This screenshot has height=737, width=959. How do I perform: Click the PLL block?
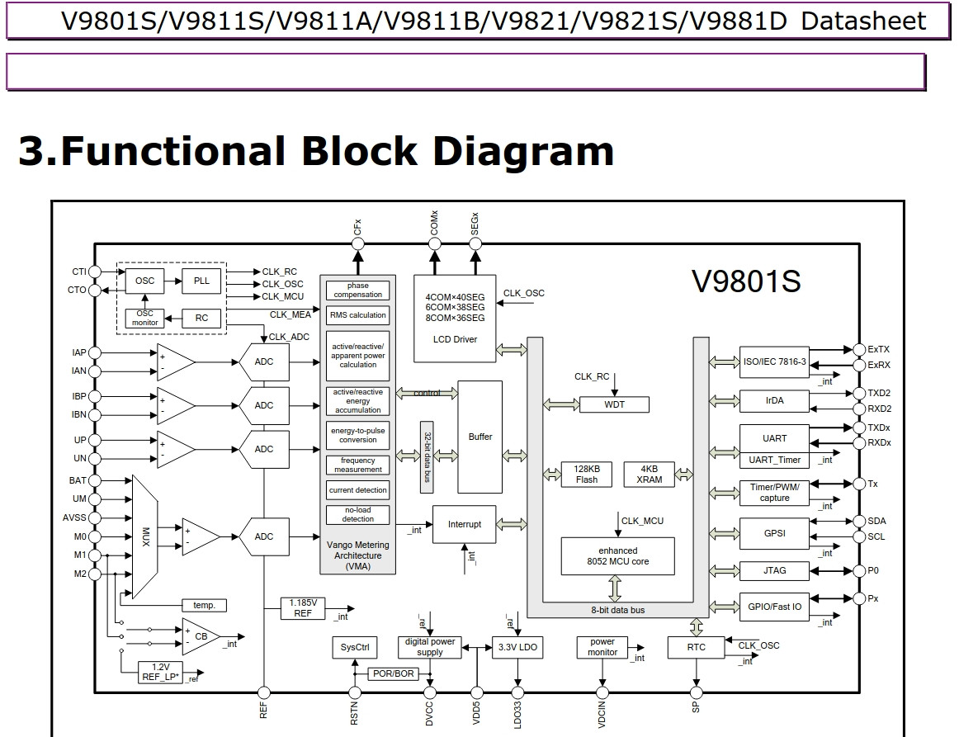coord(201,281)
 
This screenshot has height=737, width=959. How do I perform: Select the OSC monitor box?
coord(144,318)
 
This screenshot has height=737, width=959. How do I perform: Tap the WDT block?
coord(614,404)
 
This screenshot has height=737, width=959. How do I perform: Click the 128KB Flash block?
coord(587,474)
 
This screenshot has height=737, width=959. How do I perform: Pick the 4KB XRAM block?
coord(649,474)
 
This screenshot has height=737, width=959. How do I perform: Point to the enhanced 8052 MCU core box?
coord(617,555)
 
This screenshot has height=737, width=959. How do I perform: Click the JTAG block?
coord(774,570)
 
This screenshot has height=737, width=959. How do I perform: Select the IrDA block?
coord(774,400)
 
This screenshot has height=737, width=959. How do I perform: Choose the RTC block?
coord(696,647)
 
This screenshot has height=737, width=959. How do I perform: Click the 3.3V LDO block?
coord(517,647)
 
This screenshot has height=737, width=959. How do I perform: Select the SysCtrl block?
coord(354,647)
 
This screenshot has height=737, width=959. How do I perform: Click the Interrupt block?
coord(464,524)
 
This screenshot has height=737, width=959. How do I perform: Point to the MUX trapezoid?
coord(145,536)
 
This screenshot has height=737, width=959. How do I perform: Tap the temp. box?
coord(204,605)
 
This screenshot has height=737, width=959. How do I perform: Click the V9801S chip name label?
coord(745,282)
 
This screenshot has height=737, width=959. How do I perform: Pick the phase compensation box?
coord(357,290)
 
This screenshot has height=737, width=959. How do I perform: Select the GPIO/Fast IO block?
coord(774,607)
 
